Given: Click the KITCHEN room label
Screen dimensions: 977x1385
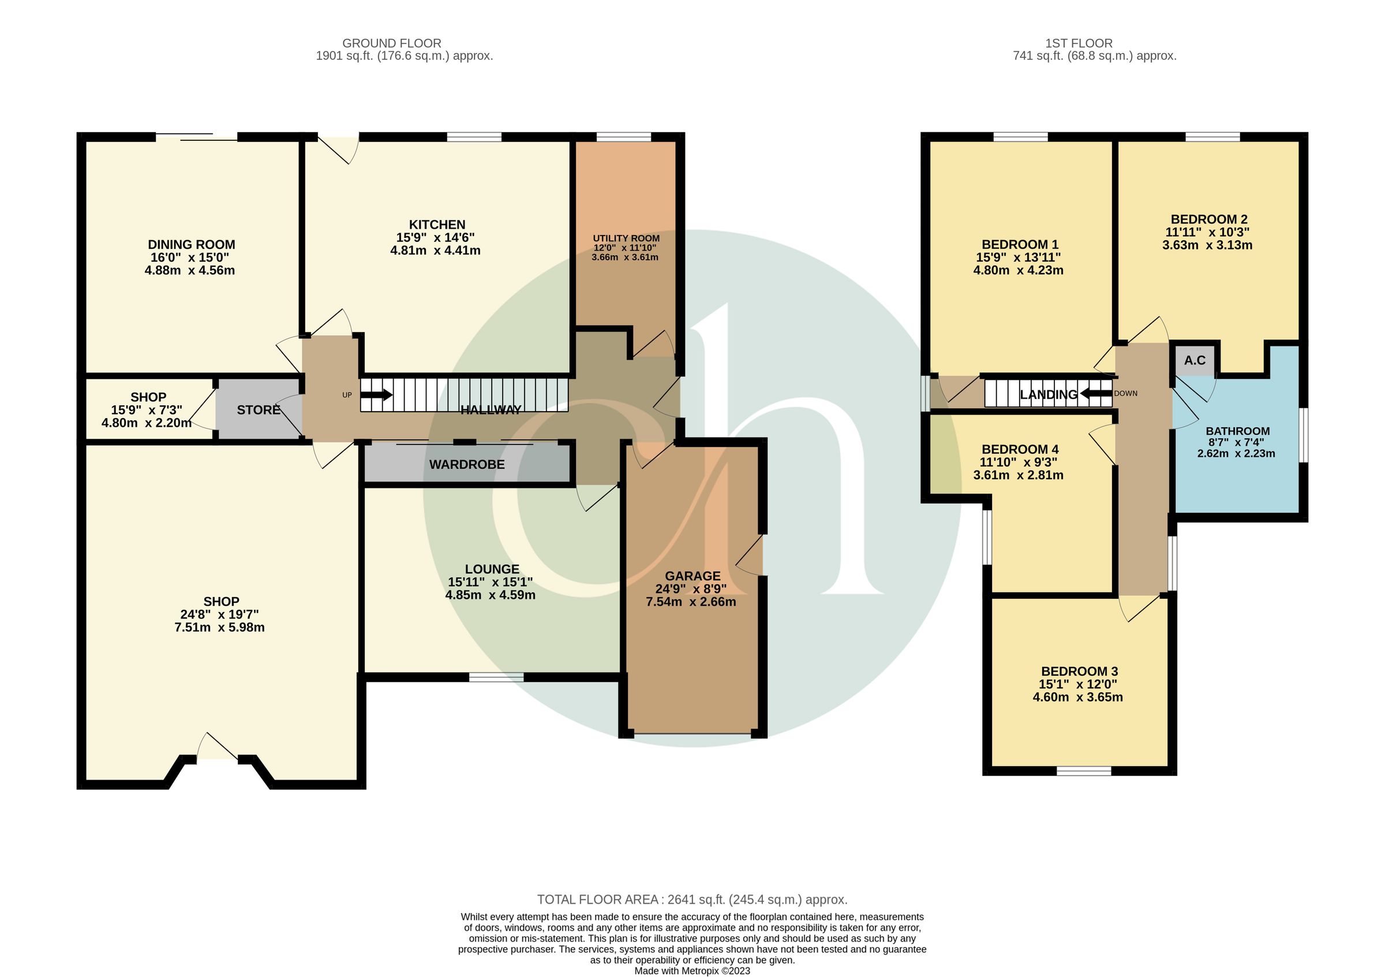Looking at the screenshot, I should [x=437, y=225].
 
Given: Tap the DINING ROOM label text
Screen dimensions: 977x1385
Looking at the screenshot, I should [x=191, y=244].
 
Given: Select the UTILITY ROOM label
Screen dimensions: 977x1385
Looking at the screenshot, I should [x=626, y=238].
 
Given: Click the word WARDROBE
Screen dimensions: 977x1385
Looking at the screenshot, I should [x=467, y=465].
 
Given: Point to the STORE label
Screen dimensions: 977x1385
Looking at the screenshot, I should [x=258, y=411].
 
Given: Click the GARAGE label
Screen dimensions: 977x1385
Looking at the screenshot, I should [x=692, y=576].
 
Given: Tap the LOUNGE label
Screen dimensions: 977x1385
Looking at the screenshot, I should [x=492, y=569].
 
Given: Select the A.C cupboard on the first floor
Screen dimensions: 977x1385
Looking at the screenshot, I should [x=1195, y=360].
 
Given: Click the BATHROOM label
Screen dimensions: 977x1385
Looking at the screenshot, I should [x=1238, y=431].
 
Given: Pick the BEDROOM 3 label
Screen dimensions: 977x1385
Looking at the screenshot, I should [x=1079, y=671].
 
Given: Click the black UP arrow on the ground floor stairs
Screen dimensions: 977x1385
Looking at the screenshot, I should [x=377, y=396].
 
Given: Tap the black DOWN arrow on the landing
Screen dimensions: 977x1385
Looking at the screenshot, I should [x=1095, y=394].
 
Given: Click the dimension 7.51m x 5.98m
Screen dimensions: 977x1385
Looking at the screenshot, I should [x=219, y=628].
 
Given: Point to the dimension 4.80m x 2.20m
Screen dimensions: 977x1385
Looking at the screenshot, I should [x=147, y=423].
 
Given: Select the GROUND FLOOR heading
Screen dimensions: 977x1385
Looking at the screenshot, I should [x=391, y=43].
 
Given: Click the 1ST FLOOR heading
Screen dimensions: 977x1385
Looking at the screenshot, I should [x=1079, y=43].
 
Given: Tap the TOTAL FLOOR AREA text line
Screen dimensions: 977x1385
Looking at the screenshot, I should [x=692, y=900].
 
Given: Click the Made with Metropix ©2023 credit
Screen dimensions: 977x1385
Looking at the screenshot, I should [x=692, y=971].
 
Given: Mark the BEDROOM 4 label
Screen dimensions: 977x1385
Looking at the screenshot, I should [x=1020, y=449].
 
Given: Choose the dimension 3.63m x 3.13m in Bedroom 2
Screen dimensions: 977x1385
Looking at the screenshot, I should [x=1207, y=245].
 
